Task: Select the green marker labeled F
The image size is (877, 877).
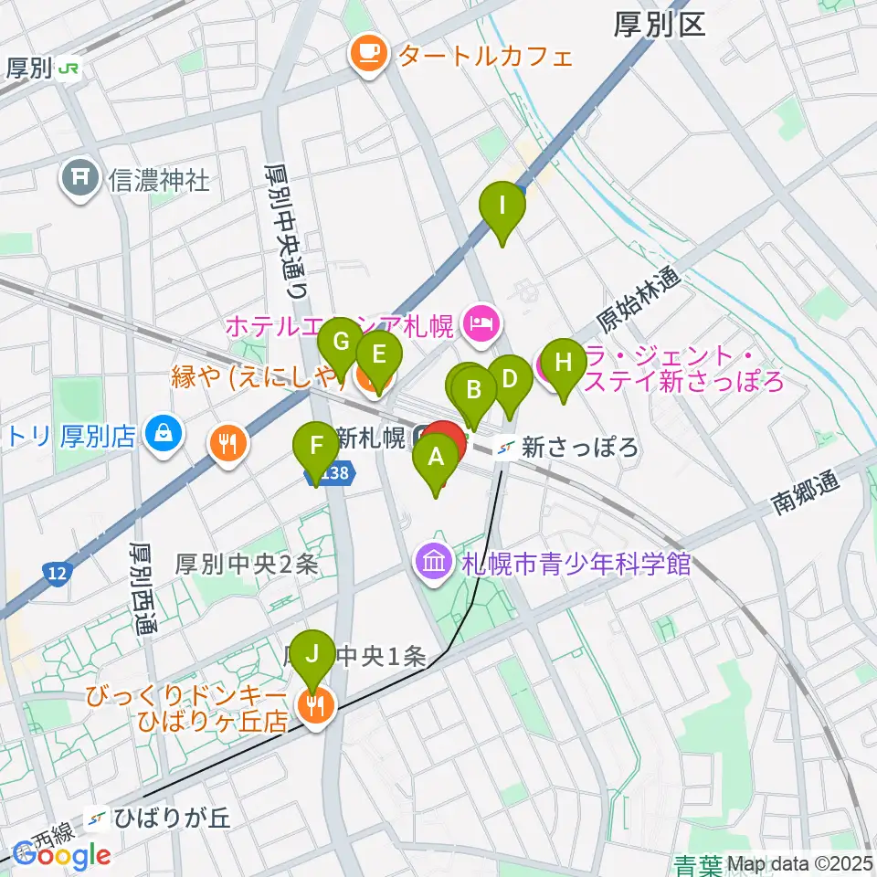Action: point(316,448)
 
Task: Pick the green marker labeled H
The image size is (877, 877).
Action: point(564,364)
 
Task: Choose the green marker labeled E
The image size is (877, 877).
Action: point(378,352)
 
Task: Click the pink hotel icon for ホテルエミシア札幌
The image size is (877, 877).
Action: point(481,322)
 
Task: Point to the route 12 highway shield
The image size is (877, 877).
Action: point(57,574)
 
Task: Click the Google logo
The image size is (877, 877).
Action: point(61,855)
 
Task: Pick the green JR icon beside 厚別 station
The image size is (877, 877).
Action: point(68,69)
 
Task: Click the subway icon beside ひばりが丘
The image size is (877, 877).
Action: point(96,819)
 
